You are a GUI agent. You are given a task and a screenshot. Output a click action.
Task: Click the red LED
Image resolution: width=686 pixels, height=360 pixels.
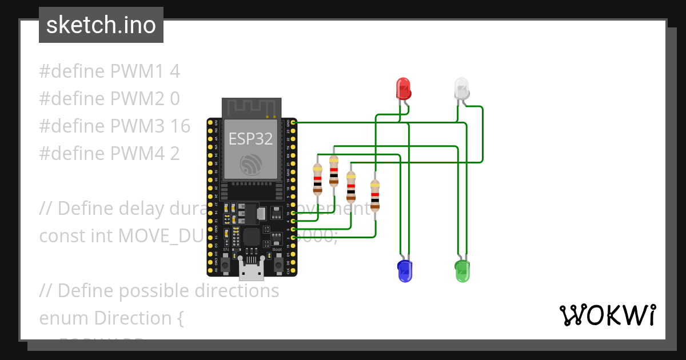[x=404, y=89]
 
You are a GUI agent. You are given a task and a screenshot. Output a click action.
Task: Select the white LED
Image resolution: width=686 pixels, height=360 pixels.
[x=461, y=89]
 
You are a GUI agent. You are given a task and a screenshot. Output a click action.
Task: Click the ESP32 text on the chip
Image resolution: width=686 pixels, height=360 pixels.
[x=250, y=139]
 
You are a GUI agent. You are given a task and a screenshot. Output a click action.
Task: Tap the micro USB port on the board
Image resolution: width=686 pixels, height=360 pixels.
[x=252, y=271]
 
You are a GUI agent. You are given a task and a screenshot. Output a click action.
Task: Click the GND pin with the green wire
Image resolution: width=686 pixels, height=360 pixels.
[x=293, y=122]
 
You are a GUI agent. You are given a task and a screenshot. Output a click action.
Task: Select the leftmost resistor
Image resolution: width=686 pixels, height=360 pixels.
[x=317, y=179]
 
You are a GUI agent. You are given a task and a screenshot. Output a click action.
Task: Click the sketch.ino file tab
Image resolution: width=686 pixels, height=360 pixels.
[x=101, y=25]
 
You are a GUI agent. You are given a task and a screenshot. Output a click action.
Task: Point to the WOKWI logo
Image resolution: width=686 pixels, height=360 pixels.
[x=607, y=315]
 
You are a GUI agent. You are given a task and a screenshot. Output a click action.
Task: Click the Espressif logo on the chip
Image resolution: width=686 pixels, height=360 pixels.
[x=250, y=166]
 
